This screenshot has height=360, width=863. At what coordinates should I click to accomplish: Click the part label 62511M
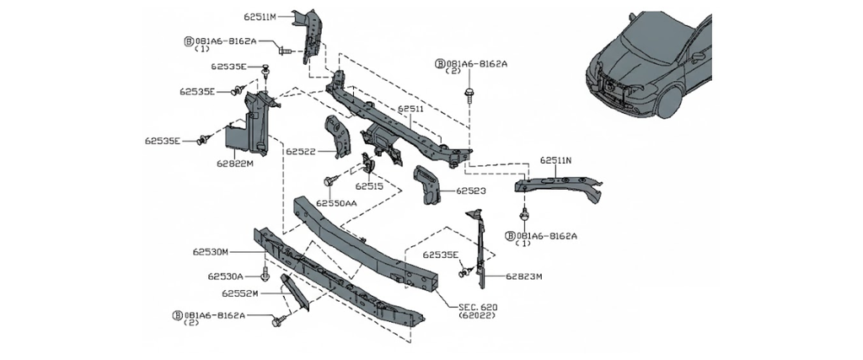click(x=261, y=17)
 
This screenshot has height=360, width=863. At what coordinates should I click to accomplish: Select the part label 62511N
click(x=555, y=160)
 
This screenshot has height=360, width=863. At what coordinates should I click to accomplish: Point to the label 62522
click(x=300, y=152)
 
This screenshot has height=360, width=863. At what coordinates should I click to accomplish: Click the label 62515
click(x=370, y=186)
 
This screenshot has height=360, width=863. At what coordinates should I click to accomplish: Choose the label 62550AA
click(x=336, y=202)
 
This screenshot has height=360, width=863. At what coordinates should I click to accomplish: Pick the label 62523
click(x=471, y=191)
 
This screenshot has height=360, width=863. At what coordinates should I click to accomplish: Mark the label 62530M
click(x=212, y=251)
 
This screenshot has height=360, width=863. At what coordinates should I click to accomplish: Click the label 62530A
click(x=225, y=276)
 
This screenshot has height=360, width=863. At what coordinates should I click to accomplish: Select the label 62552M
click(x=240, y=293)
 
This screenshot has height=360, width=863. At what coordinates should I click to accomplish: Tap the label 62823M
click(x=524, y=276)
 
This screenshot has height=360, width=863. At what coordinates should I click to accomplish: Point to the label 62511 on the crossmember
click(x=410, y=110)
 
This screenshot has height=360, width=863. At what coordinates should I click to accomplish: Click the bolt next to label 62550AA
click(x=330, y=180)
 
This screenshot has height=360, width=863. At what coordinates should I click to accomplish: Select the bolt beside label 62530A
click(x=265, y=275)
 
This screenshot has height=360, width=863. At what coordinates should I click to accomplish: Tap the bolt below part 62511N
click(x=524, y=214)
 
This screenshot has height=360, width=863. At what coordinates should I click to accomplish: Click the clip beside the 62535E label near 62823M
click(x=464, y=273)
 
